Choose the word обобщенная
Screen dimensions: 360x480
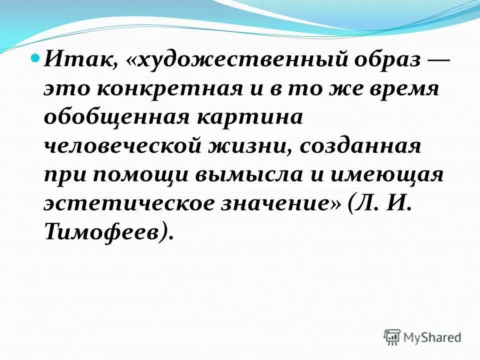pyautogui.click(x=116, y=119)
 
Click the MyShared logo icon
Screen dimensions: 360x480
pyautogui.click(x=392, y=337)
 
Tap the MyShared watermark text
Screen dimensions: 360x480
pyautogui.click(x=432, y=337)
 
